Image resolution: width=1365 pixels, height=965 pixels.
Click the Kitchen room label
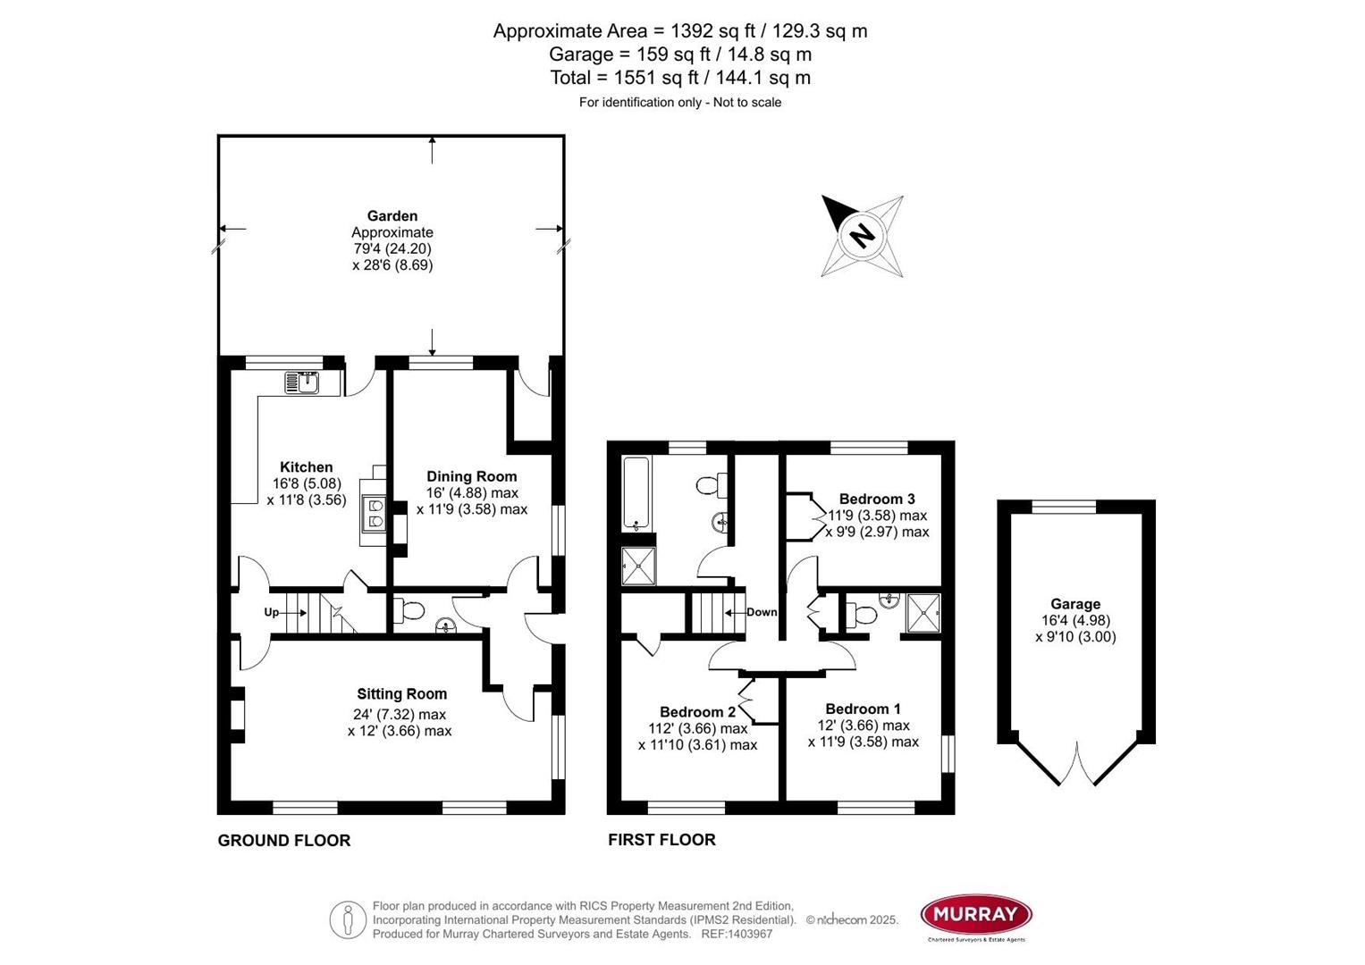click(x=306, y=467)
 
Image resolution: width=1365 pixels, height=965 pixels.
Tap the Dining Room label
click(x=471, y=476)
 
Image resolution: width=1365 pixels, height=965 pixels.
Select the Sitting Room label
click(x=401, y=694)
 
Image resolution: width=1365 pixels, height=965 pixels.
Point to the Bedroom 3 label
click(x=876, y=499)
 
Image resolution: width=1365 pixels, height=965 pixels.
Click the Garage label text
click(x=1075, y=604)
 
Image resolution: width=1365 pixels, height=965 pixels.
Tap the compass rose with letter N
click(x=862, y=236)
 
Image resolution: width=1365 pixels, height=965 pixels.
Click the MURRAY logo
click(x=976, y=914)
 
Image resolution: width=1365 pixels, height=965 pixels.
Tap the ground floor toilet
click(x=410, y=611)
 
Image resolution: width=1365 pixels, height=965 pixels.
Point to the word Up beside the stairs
click(x=271, y=613)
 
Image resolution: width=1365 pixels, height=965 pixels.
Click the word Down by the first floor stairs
click(x=762, y=612)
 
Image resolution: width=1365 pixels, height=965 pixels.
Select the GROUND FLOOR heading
click(x=283, y=840)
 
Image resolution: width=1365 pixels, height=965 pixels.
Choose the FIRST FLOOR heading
click(x=661, y=840)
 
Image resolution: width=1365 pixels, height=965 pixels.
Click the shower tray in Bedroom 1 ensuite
click(x=923, y=612)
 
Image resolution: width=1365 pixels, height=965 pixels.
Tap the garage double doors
click(x=1076, y=764)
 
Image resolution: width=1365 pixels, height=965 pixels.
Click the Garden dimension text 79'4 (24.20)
click(x=392, y=249)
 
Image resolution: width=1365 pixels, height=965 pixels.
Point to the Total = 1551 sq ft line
click(x=680, y=78)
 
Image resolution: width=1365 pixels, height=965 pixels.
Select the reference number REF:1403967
click(x=737, y=934)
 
